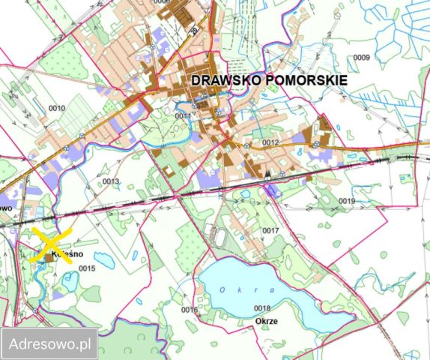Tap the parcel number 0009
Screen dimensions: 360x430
(362, 58)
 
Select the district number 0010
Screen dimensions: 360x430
(57, 109)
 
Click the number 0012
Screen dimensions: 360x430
(270, 142)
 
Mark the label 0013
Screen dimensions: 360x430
(111, 181)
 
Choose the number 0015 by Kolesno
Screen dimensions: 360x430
(88, 268)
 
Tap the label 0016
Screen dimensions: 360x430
(189, 309)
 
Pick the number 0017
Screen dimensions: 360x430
(270, 230)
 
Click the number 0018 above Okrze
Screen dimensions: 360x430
(262, 308)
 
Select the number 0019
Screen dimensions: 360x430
(346, 201)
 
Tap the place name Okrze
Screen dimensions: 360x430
(265, 321)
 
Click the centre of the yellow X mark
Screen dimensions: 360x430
(50, 245)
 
